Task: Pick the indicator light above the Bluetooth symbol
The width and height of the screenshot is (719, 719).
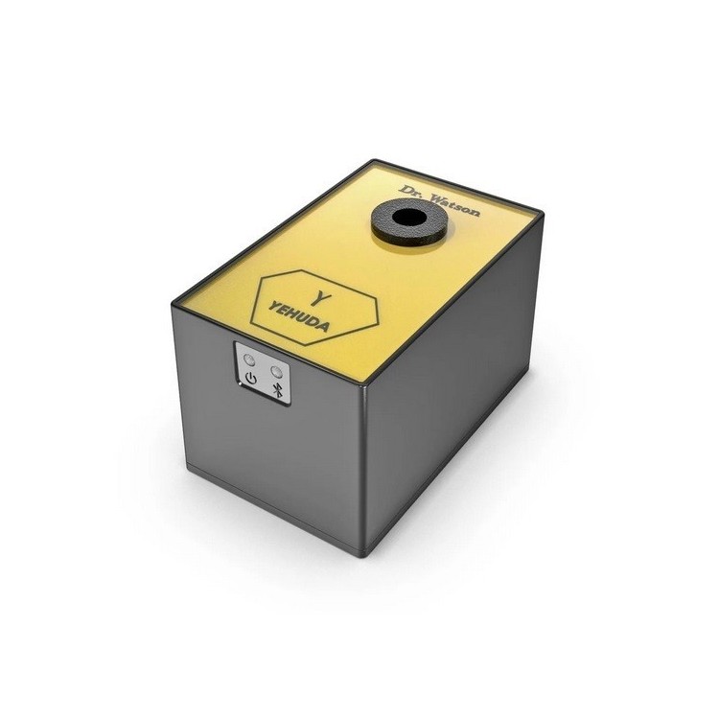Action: click(277, 369)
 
